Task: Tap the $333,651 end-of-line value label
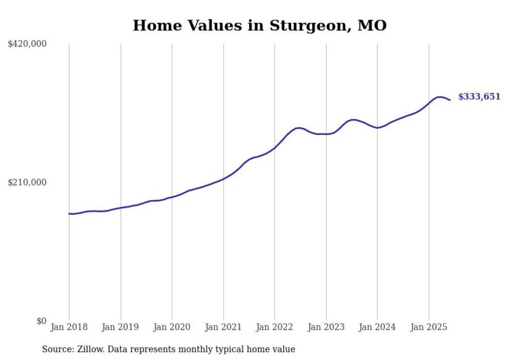[479, 96]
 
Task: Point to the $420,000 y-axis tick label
[27, 44]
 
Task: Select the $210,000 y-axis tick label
[27, 183]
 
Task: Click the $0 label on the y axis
[41, 321]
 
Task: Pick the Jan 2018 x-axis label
[69, 327]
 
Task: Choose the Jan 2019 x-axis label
[121, 327]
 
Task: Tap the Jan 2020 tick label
[172, 327]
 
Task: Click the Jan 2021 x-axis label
[223, 327]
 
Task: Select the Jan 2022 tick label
[275, 327]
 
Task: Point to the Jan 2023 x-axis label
[326, 327]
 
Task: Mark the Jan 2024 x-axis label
[377, 327]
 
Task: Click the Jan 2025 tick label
[429, 327]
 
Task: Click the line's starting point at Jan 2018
[69, 213]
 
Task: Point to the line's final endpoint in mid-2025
[450, 100]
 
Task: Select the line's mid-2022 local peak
[298, 128]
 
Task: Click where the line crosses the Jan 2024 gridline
[377, 128]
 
